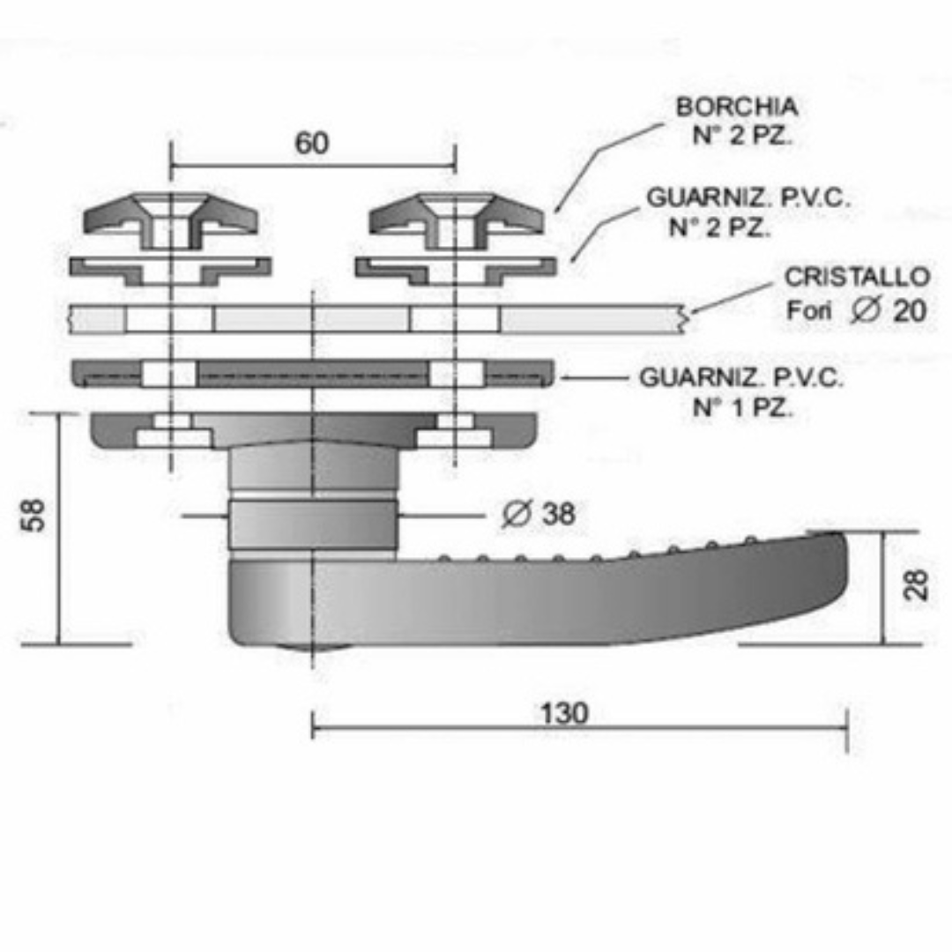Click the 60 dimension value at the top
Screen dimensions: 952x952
coord(312,144)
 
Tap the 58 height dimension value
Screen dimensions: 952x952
coord(33,516)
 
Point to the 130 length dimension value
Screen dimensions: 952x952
coord(565,713)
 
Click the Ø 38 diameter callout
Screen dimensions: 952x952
coord(539,514)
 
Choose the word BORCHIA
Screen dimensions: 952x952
coord(737,107)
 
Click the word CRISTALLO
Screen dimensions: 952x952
coord(858,277)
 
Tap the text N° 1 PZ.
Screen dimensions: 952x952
coord(743,407)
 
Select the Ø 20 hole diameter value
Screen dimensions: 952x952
coord(889,310)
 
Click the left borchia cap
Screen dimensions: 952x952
coord(171,219)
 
